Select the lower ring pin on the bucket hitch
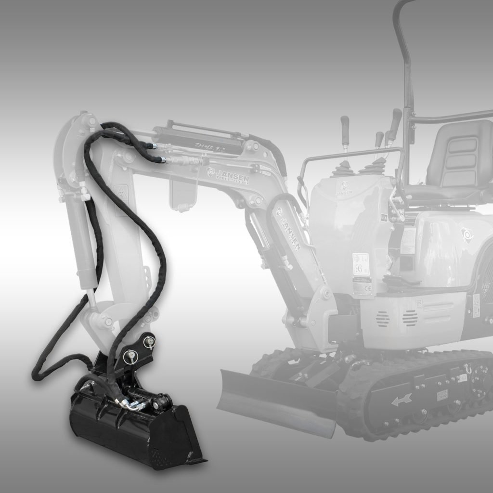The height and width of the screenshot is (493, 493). click(130, 357)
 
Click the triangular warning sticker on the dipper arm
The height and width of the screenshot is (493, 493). click(119, 193)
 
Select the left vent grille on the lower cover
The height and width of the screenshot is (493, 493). click(382, 318)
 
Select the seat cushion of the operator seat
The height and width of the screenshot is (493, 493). click(441, 192)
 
